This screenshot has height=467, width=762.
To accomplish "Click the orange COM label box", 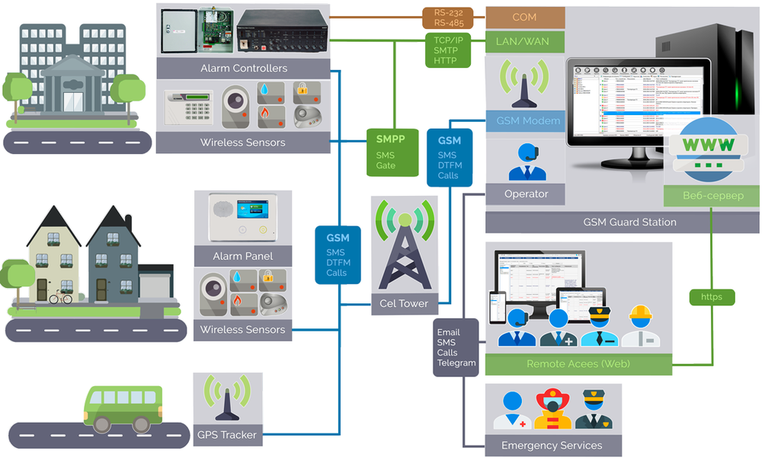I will [x=525, y=17].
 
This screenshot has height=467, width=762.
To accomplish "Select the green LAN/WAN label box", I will [x=525, y=41].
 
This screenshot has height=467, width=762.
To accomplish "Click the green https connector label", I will [x=712, y=296].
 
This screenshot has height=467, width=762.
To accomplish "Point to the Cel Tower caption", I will [x=403, y=303].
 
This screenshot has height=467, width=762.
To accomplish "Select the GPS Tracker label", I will [x=227, y=435].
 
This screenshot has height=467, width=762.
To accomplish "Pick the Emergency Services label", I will [x=552, y=445].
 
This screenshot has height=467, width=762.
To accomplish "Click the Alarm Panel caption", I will [x=242, y=255].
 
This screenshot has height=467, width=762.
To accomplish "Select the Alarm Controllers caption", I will [x=244, y=68].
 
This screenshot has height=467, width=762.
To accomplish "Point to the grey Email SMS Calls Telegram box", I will [x=456, y=347].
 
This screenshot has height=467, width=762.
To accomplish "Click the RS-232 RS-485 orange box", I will [x=448, y=18].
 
